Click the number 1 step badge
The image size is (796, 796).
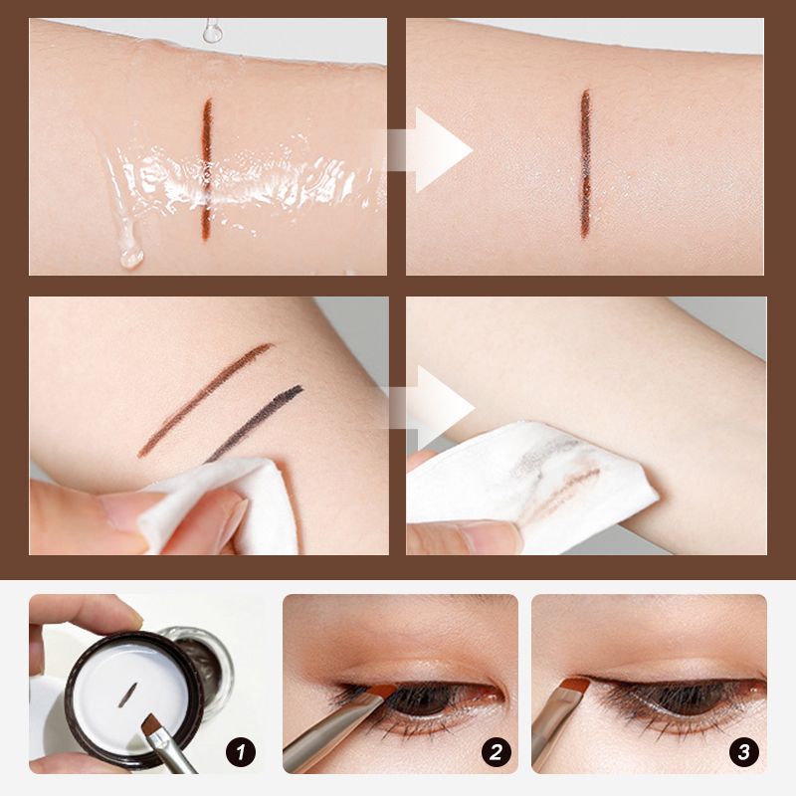pyautogui.click(x=241, y=752)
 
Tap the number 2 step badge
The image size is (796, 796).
pyautogui.click(x=496, y=752)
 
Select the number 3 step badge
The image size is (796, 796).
pyautogui.click(x=743, y=752)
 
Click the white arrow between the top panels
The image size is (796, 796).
pyautogui.click(x=431, y=150)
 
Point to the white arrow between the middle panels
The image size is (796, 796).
pyautogui.click(x=432, y=407)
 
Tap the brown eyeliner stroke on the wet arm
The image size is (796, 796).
pyautogui.click(x=206, y=169)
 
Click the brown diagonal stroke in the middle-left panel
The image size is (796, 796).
pyautogui.click(x=205, y=400)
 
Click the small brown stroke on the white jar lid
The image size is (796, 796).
pyautogui.click(x=127, y=695)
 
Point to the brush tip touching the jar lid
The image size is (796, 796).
pyautogui.click(x=151, y=726)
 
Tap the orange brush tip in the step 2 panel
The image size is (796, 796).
pyautogui.click(x=381, y=692)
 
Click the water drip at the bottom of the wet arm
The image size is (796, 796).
pyautogui.click(x=131, y=257)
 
